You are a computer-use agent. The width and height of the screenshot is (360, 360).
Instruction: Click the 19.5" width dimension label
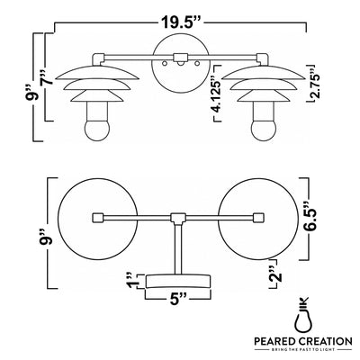tap(181, 22)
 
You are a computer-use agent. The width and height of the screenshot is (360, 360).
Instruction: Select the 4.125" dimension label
tap(217, 95)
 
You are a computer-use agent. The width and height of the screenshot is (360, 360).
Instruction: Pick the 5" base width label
tap(178, 299)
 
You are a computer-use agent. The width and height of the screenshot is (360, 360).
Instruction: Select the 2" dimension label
tap(275, 274)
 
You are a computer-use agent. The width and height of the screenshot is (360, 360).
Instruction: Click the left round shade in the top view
tap(97, 219)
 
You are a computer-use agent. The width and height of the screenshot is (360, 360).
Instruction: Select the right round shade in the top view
tap(258, 219)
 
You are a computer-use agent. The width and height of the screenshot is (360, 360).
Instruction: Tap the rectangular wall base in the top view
tap(178, 281)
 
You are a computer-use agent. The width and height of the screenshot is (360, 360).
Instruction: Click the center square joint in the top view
tap(179, 218)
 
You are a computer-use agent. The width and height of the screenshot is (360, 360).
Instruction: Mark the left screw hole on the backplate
tap(164, 64)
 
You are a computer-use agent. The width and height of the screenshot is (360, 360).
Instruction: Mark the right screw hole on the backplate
tap(197, 64)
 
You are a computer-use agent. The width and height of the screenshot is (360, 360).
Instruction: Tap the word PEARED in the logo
tap(274, 341)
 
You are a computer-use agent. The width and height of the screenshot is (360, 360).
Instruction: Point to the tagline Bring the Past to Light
tap(303, 350)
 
